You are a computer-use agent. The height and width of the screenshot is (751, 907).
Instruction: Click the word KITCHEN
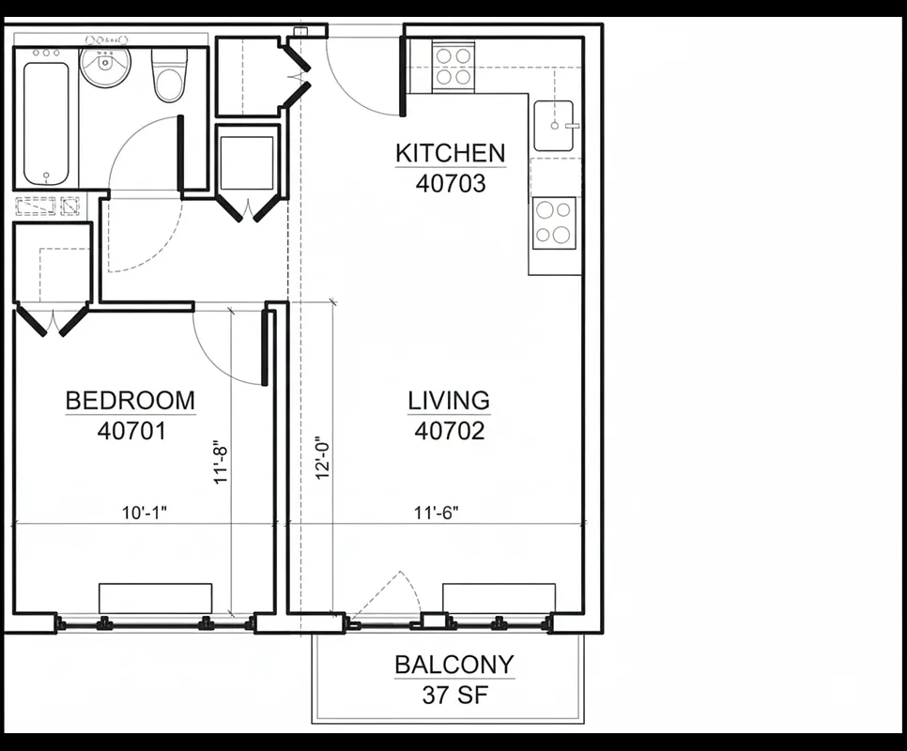(450, 153)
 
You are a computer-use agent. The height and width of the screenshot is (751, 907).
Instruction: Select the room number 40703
(451, 184)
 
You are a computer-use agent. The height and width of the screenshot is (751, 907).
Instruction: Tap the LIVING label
(449, 401)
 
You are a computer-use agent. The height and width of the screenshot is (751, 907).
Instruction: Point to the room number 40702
(450, 431)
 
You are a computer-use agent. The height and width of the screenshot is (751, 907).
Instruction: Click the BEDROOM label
(131, 401)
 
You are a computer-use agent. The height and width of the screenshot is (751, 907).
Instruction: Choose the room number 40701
(131, 431)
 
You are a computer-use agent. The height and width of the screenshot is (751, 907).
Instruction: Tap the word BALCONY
(454, 666)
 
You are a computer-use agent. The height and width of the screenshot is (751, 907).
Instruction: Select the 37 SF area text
(454, 696)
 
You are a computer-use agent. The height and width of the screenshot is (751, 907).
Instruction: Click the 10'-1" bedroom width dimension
(146, 513)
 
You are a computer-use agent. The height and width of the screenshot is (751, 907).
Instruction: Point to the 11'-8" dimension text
(222, 463)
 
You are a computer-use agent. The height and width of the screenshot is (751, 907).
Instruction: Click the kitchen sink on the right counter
(556, 126)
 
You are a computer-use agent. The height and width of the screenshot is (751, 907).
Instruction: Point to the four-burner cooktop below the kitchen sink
(554, 222)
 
